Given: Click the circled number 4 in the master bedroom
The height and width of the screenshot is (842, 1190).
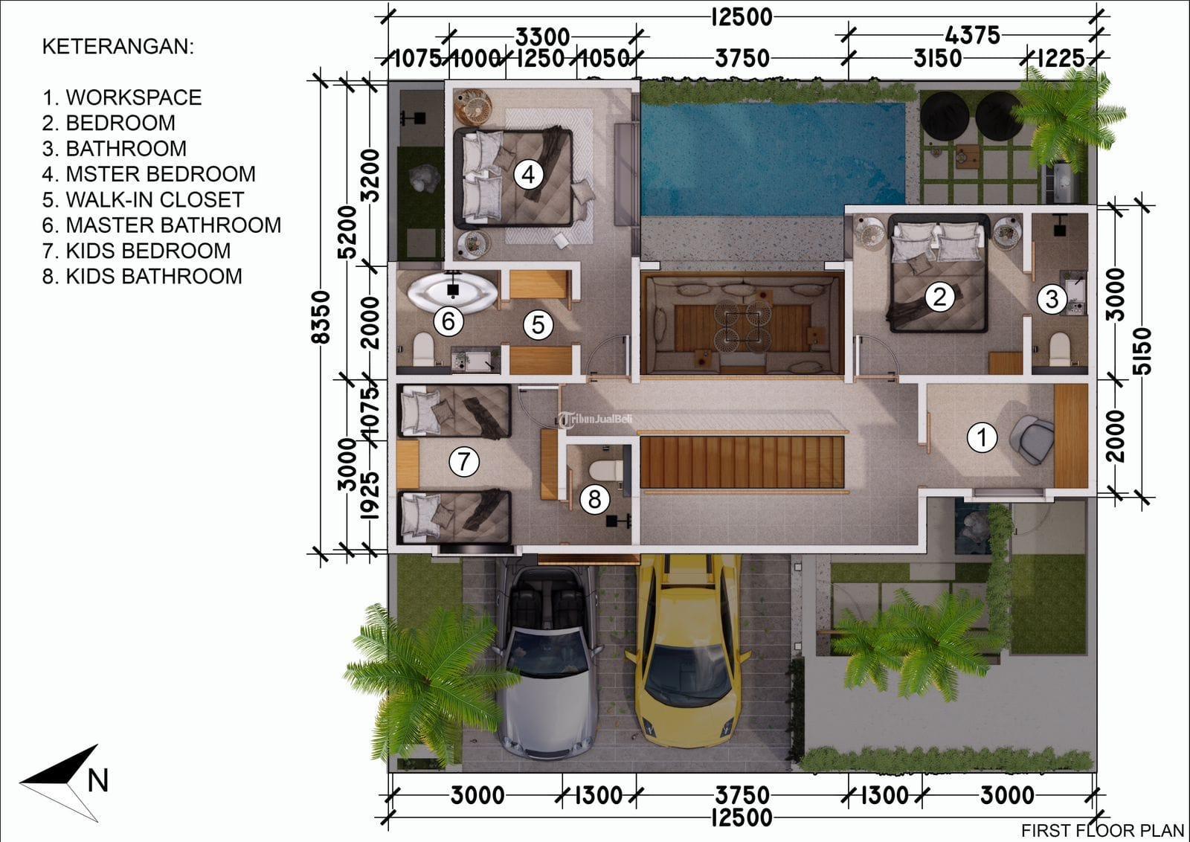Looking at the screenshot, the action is (x=528, y=174).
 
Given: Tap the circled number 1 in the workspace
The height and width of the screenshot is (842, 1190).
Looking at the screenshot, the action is (x=982, y=437).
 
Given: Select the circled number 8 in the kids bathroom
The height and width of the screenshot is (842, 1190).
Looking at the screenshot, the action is (x=594, y=499).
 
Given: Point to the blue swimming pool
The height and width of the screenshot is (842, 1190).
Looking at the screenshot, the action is (x=773, y=159).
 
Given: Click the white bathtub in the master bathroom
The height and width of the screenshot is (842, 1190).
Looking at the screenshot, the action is (x=452, y=292).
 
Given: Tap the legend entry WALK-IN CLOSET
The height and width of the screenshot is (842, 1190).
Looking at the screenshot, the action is (x=143, y=200).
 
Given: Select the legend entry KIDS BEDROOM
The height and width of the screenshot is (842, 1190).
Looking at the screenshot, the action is (x=137, y=251).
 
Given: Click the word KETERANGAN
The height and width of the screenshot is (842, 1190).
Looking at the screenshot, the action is (x=118, y=47).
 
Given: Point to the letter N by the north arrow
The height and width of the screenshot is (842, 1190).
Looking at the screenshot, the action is (x=97, y=780).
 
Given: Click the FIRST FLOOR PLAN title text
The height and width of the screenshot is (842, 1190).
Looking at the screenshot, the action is (x=1102, y=830).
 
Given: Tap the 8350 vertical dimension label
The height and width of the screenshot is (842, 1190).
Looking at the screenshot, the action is (x=321, y=317).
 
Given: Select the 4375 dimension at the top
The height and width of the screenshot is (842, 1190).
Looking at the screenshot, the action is (x=972, y=36).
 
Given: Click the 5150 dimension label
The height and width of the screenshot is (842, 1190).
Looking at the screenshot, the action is (x=1142, y=351).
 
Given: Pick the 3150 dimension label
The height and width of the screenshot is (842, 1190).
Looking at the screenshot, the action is (x=938, y=59).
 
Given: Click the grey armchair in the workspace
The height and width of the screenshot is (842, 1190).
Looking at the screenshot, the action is (x=1032, y=440).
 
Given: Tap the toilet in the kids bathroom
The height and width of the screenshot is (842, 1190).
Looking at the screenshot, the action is (x=606, y=469).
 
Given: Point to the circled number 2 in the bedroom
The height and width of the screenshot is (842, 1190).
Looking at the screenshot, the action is (x=939, y=297).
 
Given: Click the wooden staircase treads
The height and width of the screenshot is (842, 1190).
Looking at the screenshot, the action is (x=742, y=462).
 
